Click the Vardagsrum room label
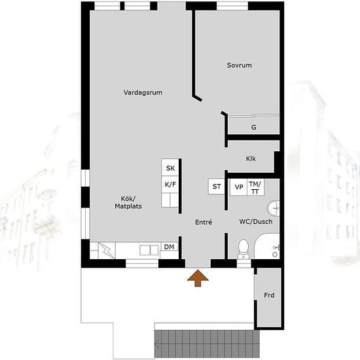pyautogui.click(x=143, y=92)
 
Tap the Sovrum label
pyautogui.click(x=239, y=65)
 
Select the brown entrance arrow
pyautogui.click(x=198, y=278)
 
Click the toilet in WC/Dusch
pyautogui.click(x=243, y=249)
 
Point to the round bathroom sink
pyautogui.click(x=274, y=208)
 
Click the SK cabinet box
pyautogui.click(x=170, y=168)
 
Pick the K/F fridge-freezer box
pyautogui.click(x=170, y=185)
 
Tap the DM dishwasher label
pyautogui.click(x=170, y=247)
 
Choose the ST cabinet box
pyautogui.click(x=216, y=187)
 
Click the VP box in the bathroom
pyautogui.click(x=239, y=187)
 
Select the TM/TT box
pyautogui.click(x=255, y=188)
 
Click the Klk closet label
pyautogui.click(x=251, y=158)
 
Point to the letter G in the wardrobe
pyautogui.click(x=254, y=127)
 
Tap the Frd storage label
pyautogui.click(x=269, y=295)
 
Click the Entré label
pyautogui.click(x=204, y=222)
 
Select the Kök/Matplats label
pyautogui.click(x=128, y=202)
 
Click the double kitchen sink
pyautogui.click(x=149, y=250)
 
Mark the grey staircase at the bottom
pyautogui.click(x=207, y=344)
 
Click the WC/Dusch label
pyautogui.click(x=256, y=221)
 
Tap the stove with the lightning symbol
pyautogui.click(x=107, y=250)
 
